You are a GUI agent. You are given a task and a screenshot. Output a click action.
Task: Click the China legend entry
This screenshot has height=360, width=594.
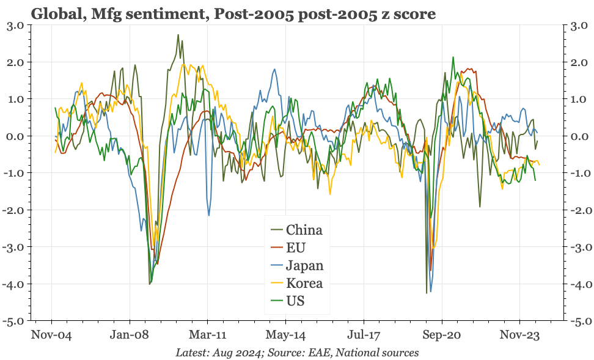[304, 230]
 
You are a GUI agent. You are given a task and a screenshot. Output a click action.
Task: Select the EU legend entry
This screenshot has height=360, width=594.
[295, 248]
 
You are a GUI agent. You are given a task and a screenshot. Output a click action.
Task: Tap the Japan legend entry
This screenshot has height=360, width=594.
[304, 266]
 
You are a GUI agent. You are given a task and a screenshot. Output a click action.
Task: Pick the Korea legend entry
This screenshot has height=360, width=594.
[304, 284]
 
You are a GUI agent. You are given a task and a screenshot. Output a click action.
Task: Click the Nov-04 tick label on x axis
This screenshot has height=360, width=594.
[52, 335]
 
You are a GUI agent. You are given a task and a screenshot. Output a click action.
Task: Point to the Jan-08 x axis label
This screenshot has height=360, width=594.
[130, 335]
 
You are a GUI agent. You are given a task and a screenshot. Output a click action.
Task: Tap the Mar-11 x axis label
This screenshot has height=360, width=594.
[208, 335]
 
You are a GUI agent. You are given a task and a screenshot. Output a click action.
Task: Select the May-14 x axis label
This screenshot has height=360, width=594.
[286, 335]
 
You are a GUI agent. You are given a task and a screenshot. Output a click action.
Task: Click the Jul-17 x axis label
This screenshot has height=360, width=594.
[364, 335]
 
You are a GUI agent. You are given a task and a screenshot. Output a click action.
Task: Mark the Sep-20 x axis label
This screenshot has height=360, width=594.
[442, 335]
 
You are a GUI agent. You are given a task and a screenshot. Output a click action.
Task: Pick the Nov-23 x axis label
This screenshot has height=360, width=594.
[520, 335]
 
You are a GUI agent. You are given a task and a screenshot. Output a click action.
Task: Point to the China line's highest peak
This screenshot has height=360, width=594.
[178, 35]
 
